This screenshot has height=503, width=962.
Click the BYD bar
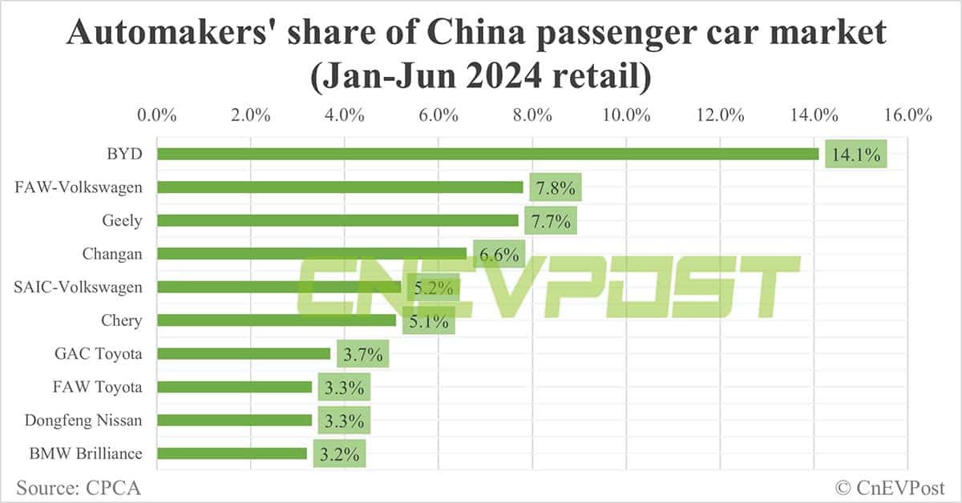487,154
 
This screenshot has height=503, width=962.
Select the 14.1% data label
856,155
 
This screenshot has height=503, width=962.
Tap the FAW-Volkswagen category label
79,187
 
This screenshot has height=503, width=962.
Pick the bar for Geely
338,220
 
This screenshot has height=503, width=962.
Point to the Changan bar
312,254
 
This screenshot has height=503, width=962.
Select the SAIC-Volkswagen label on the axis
79,287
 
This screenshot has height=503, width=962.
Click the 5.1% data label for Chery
428,320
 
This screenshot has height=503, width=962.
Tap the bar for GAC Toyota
244,353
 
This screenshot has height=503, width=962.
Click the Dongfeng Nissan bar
234,420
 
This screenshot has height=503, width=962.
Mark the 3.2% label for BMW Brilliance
339,453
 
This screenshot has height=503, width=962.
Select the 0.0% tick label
157,115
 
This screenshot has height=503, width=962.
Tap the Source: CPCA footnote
72,486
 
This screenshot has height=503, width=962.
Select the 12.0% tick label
720,115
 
